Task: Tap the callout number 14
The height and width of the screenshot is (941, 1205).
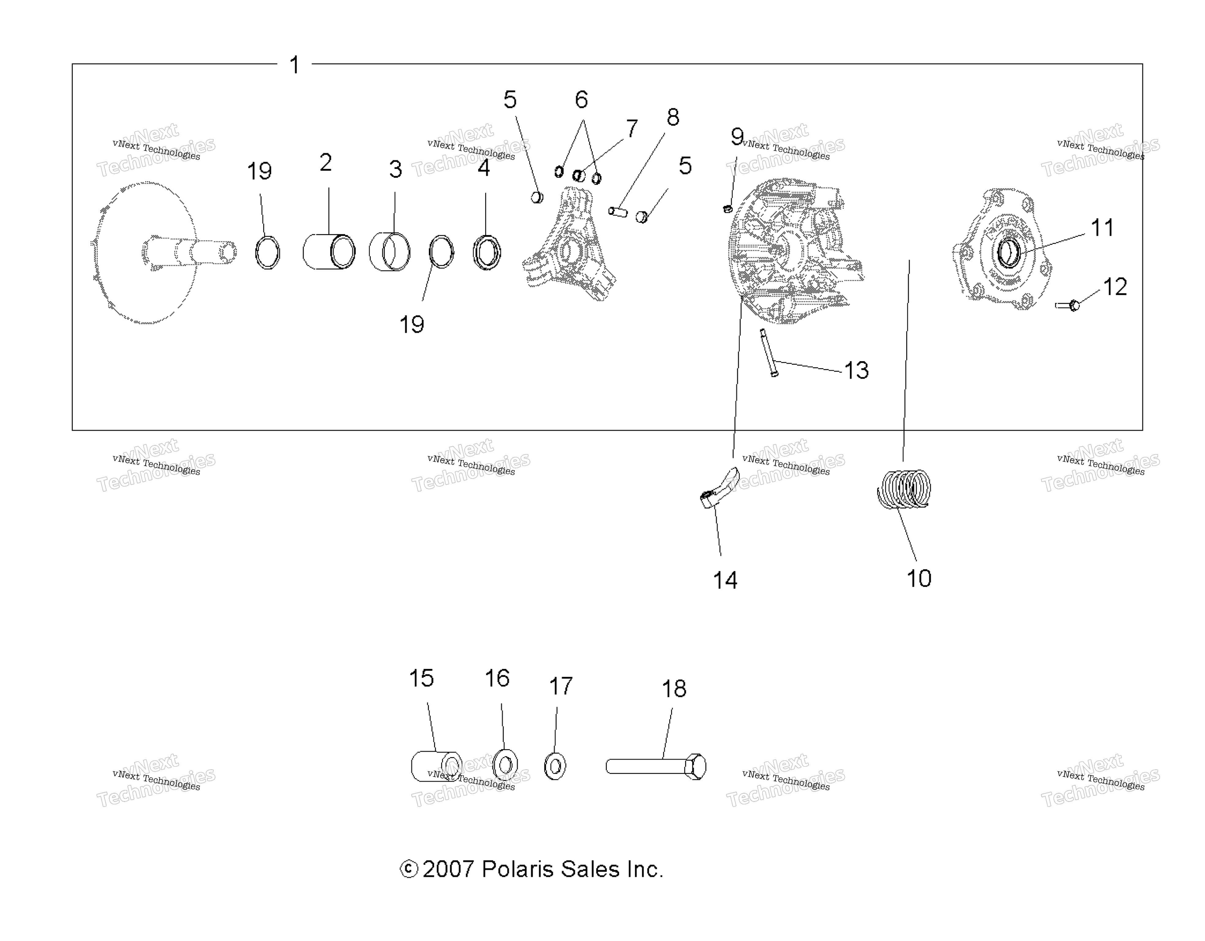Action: coord(725,580)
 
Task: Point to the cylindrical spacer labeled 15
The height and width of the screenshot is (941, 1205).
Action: coord(436,766)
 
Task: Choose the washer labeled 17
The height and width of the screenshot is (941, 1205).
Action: coord(555,766)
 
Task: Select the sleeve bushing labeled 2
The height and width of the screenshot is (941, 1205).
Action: coord(329,251)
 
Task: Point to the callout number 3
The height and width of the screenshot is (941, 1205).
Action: coord(395,169)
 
